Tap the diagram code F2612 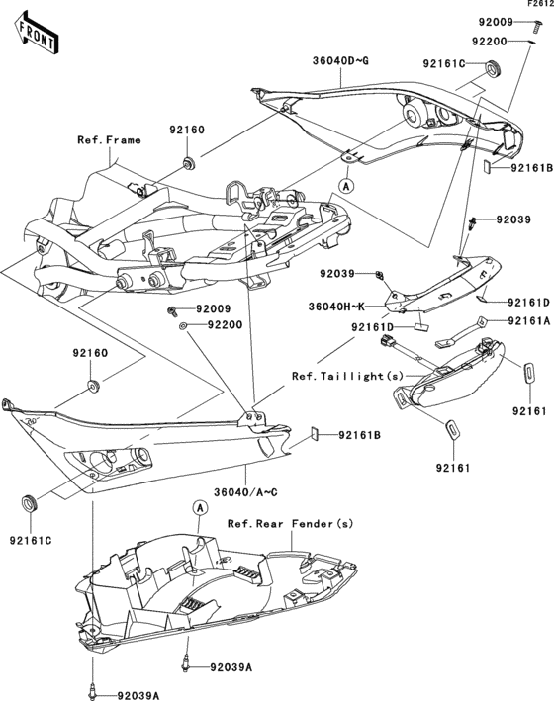(x=540, y=5)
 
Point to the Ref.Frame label (x=109, y=140)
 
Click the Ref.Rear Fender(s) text (x=290, y=524)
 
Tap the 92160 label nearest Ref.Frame (x=186, y=129)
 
